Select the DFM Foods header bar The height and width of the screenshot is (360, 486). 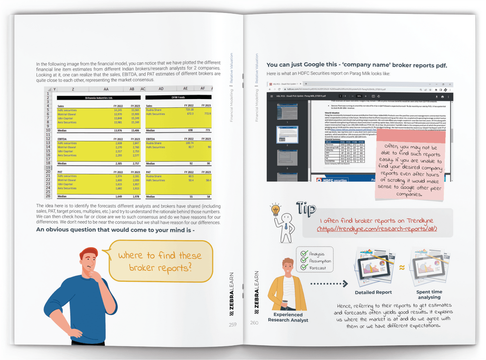[178, 97]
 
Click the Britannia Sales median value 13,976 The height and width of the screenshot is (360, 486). [117, 130]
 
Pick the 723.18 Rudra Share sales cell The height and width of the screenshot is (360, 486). [189, 110]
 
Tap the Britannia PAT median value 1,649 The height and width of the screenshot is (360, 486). [117, 197]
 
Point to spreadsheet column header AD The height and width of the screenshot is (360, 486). [161, 89]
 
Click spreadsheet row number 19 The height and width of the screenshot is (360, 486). [48, 167]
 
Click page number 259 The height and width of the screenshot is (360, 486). [233, 324]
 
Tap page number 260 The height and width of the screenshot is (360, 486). [254, 322]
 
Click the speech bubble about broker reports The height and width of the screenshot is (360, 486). [160, 261]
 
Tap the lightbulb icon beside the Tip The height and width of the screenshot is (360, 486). [274, 210]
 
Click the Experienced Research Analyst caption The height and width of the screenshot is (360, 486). [288, 317]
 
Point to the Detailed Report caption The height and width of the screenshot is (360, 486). [373, 292]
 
